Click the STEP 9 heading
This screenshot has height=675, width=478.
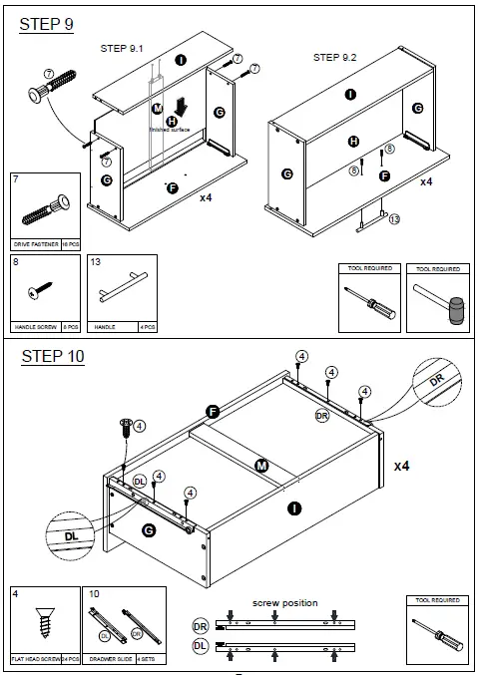click(47, 25)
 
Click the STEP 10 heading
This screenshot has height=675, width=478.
click(52, 357)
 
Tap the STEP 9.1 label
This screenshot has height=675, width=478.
click(122, 48)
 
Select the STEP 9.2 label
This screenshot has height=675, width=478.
click(334, 58)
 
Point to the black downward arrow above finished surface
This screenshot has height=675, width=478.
click(181, 108)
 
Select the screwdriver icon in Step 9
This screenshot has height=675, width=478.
click(366, 301)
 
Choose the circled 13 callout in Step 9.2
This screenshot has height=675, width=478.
click(394, 219)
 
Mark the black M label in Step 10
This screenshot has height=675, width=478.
click(261, 465)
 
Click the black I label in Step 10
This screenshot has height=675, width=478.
click(294, 508)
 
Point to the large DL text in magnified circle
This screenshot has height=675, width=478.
click(71, 535)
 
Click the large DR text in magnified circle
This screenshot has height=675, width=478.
click(437, 381)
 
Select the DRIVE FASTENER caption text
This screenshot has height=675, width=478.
click(36, 243)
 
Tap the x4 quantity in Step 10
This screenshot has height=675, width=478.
click(402, 466)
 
